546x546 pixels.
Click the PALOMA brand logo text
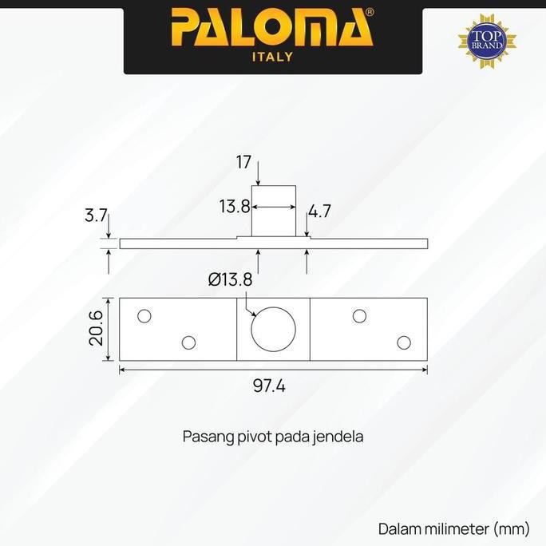coord(272,29)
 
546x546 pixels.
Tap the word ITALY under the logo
coord(272,57)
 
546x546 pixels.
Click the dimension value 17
coord(244,163)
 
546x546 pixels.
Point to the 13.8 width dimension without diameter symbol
coord(235,207)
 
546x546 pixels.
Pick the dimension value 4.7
coord(319,212)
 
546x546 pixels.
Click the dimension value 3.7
coord(94,216)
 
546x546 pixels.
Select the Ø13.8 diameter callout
coord(230,279)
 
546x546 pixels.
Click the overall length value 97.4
coord(270,386)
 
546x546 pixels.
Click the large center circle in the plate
coord(274,328)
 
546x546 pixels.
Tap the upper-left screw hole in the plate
coord(144,315)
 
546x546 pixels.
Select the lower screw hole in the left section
coord(188,342)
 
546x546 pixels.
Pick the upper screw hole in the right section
coord(359,315)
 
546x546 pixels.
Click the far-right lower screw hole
coord(404,342)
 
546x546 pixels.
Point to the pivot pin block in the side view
coord(274,211)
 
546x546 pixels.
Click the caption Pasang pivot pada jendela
coord(273,437)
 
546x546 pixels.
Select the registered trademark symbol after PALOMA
coord(369,14)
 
